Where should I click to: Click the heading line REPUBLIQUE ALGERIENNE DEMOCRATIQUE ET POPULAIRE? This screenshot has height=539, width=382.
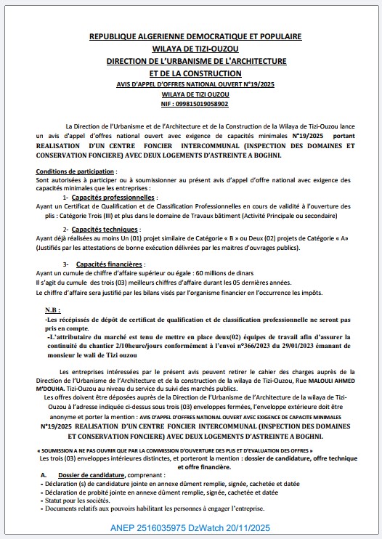(195, 36)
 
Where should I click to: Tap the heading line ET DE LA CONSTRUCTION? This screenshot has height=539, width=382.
(195, 73)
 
